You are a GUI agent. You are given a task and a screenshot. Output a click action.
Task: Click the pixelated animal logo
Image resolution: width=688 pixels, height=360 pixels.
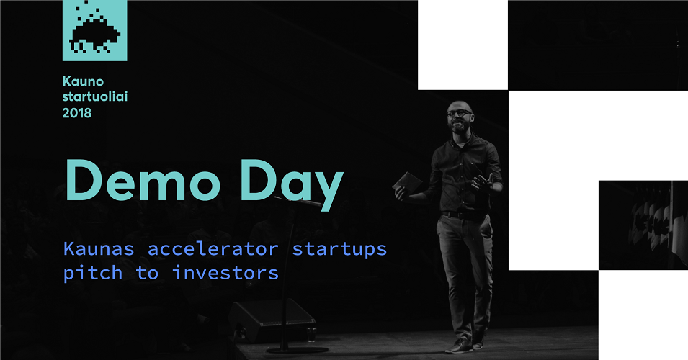[95, 30]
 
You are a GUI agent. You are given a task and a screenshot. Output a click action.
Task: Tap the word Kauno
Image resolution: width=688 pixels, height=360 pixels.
[83, 81]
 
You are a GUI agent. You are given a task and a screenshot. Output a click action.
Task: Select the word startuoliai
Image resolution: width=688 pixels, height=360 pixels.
[95, 96]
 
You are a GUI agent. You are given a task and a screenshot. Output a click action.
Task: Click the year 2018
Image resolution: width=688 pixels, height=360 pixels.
[77, 113]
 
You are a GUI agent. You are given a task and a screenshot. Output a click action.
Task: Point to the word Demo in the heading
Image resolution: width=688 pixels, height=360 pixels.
[143, 180]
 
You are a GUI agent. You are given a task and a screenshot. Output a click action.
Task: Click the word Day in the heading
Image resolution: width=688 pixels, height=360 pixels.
[291, 184]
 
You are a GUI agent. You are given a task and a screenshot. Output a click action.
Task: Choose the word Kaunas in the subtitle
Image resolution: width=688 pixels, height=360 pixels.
[99, 248]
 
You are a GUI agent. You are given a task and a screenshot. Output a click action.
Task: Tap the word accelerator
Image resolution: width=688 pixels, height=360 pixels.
[213, 248]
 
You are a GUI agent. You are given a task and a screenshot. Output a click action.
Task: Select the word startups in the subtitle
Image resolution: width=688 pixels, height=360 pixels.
[339, 250]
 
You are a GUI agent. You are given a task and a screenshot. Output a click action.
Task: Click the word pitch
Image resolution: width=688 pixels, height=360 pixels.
[93, 273]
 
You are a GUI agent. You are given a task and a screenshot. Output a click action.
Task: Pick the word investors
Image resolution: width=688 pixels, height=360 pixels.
[225, 273]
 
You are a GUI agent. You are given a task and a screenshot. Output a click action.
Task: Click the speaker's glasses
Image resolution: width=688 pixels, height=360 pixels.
[459, 113]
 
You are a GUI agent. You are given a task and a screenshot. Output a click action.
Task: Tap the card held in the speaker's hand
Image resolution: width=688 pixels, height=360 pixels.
[407, 181]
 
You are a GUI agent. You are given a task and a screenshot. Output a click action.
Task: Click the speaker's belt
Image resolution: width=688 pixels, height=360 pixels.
[463, 215]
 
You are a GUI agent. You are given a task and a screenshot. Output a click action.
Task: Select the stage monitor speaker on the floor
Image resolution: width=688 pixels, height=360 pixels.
[272, 320]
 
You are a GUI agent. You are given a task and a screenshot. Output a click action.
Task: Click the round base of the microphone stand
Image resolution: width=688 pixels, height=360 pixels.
[297, 349]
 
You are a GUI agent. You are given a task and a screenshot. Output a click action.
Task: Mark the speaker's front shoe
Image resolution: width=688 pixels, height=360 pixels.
[459, 346]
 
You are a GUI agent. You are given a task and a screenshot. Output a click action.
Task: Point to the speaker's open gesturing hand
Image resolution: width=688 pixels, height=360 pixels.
[483, 181]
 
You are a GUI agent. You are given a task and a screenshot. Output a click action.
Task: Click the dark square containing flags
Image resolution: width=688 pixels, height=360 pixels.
[643, 225]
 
